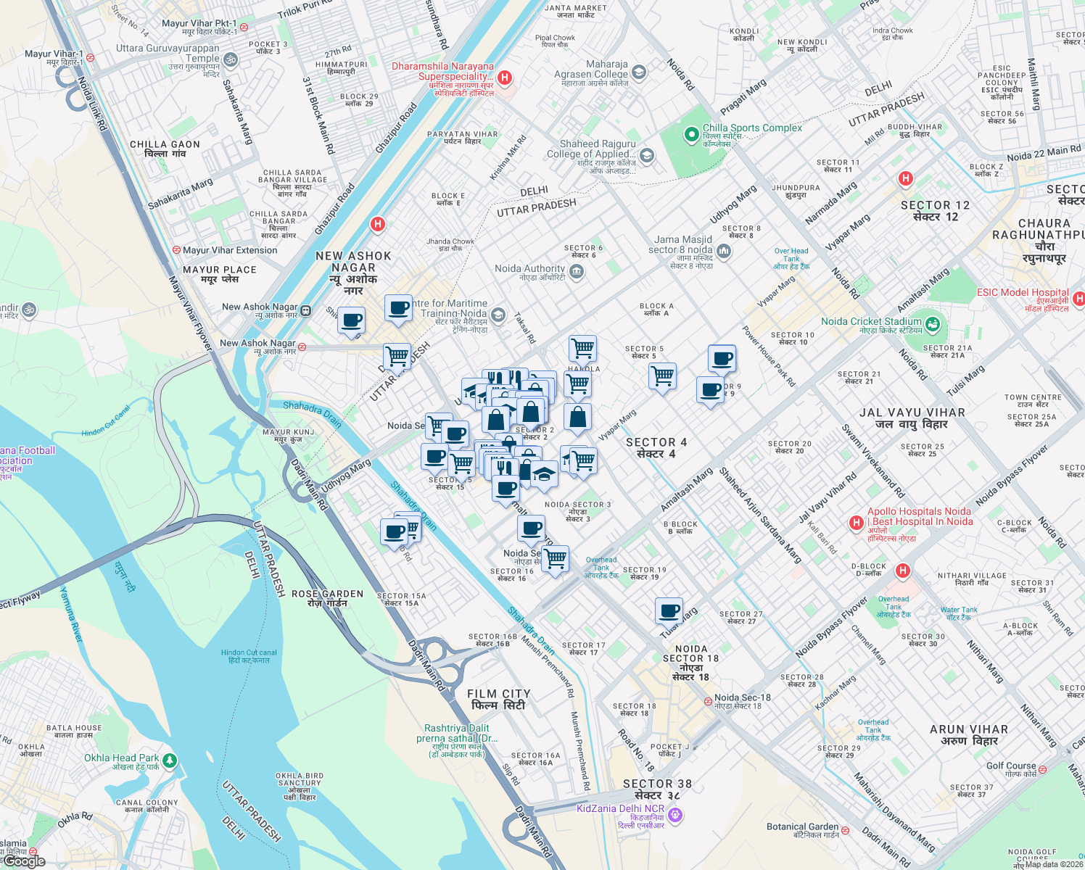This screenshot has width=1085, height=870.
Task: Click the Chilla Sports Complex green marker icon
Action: click(x=691, y=134)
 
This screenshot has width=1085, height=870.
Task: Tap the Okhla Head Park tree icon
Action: click(x=170, y=761)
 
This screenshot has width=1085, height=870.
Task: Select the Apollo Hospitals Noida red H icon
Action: click(x=857, y=523)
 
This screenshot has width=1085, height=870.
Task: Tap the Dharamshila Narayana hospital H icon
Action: click(x=506, y=78)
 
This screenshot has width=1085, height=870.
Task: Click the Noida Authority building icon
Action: click(x=577, y=272)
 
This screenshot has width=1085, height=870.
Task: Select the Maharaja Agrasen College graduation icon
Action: click(x=639, y=72)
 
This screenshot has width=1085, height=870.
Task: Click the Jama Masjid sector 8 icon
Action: click(x=724, y=252)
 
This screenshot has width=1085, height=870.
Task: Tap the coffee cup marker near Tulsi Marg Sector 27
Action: click(x=669, y=610)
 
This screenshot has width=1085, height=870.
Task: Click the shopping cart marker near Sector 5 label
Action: click(x=662, y=376)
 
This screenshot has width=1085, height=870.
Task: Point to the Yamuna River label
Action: click(x=72, y=614)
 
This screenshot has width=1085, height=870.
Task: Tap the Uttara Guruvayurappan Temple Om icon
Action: click(x=231, y=59)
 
